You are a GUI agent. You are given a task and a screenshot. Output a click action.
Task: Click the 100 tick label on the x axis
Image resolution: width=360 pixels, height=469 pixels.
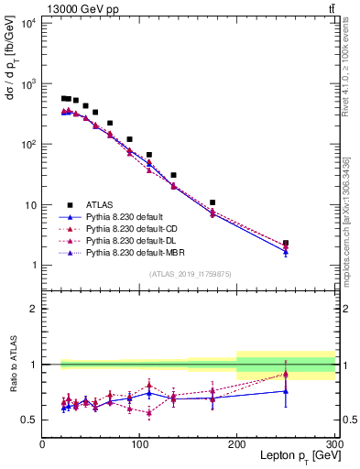140,443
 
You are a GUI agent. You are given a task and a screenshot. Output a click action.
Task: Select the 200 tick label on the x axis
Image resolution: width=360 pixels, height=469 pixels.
237,443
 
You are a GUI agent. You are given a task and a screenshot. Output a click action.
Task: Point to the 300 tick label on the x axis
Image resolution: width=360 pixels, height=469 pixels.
333,443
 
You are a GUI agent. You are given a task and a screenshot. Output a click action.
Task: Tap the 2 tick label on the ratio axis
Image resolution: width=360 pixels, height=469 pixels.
34,309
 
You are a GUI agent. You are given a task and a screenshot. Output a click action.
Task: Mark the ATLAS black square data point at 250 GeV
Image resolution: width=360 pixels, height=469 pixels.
286,243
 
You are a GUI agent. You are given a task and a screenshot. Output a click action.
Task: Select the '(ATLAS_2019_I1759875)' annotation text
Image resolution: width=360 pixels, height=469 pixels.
189,273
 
